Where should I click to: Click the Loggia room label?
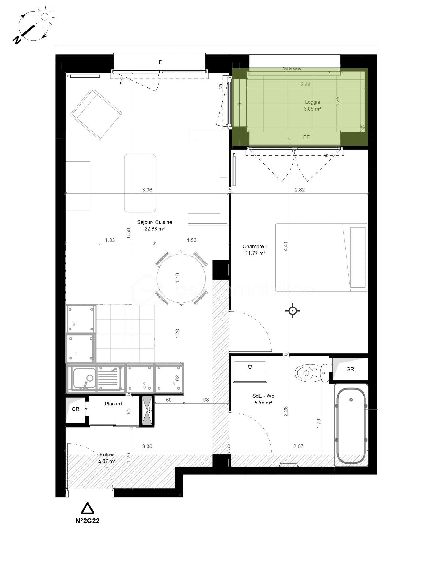[x=312, y=102]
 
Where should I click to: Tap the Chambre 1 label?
[x=255, y=246]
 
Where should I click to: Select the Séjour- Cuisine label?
[x=154, y=222]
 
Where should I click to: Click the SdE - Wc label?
[x=263, y=396]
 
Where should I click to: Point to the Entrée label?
[x=107, y=454]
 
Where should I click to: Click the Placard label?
[x=113, y=404]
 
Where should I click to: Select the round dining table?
[x=181, y=279]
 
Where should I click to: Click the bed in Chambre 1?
[x=321, y=258]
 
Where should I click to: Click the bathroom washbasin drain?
[x=250, y=366]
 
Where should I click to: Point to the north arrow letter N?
[x=17, y=40]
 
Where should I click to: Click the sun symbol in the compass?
[x=45, y=16]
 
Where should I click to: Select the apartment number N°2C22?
[x=87, y=521]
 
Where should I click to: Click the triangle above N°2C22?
[x=87, y=509]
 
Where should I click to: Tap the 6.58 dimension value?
[x=129, y=233]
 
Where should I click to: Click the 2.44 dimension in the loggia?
[x=306, y=84]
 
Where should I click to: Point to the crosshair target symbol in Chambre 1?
[x=293, y=310]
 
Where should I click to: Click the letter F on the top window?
[x=160, y=62]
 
